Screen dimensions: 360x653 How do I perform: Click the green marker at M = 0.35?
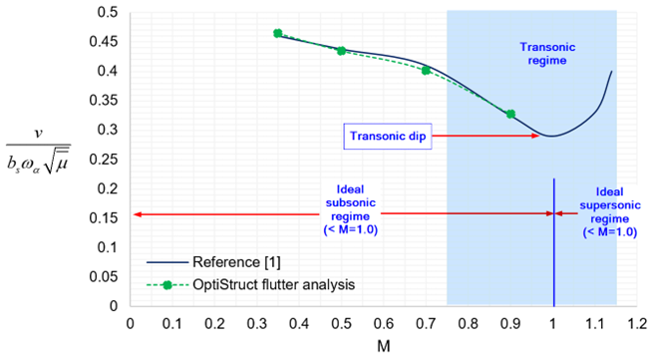pos(277,33)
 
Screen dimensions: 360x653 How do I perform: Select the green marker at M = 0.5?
pos(341,50)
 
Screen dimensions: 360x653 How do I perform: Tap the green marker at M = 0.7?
pos(426,70)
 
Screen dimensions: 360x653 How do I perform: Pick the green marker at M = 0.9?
pos(510,114)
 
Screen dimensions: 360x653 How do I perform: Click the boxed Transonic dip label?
pos(388,136)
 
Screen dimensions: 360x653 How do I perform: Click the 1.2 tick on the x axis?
pos(638,322)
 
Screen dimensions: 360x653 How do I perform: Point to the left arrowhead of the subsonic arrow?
pos(136,213)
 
